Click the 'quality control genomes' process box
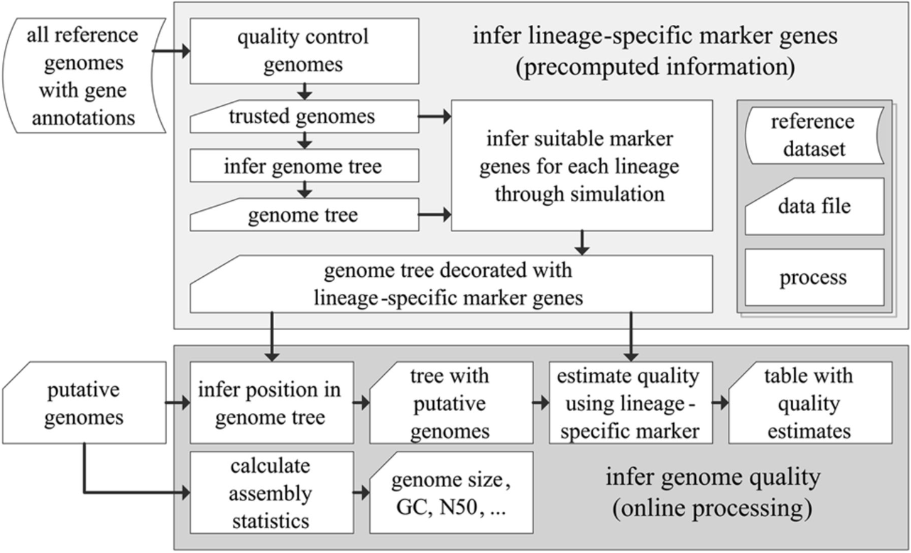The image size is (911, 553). pyautogui.click(x=305, y=51)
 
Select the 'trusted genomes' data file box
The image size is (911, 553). pyautogui.click(x=305, y=116)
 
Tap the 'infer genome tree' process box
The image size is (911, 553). pyautogui.click(x=305, y=166)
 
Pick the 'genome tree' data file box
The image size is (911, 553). pyautogui.click(x=305, y=214)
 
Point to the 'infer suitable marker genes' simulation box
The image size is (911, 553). pyautogui.click(x=582, y=165)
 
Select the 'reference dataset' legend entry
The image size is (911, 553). pyautogui.click(x=814, y=135)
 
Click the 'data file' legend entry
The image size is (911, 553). pyautogui.click(x=814, y=206)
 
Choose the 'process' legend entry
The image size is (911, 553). pyautogui.click(x=814, y=277)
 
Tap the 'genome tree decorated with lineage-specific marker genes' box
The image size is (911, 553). pyautogui.click(x=451, y=284)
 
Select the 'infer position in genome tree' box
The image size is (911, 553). pyautogui.click(x=272, y=403)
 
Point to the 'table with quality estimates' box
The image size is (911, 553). pyautogui.click(x=809, y=403)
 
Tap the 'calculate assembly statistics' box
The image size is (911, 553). pyautogui.click(x=272, y=493)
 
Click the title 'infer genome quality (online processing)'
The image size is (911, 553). pyautogui.click(x=713, y=492)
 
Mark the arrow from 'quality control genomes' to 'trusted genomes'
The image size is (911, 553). pyautogui.click(x=305, y=92)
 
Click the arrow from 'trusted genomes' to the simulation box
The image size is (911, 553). pyautogui.click(x=435, y=116)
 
